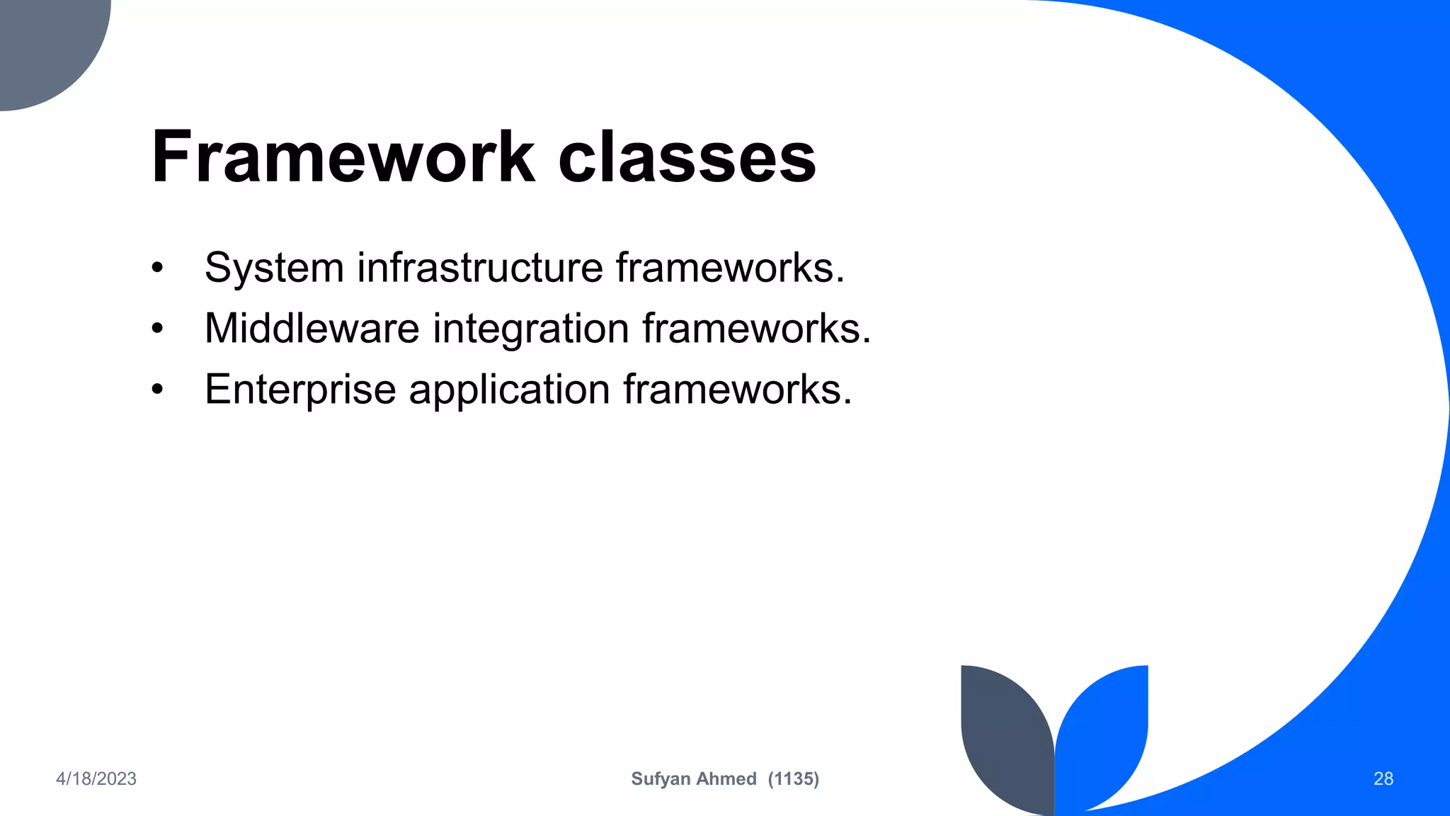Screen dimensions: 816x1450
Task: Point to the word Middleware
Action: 312,329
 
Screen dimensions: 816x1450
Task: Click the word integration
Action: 531,329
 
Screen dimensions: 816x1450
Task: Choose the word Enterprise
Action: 300,390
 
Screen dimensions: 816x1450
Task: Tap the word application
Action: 509,390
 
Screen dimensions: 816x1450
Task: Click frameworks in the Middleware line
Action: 756,329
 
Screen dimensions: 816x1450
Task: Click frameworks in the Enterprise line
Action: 737,390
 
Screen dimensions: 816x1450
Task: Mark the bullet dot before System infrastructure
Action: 157,268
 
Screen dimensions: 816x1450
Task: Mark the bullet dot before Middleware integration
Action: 157,329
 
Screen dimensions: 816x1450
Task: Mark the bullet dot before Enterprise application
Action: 157,390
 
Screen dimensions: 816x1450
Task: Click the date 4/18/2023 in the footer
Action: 96,779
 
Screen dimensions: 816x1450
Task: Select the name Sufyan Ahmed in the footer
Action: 694,779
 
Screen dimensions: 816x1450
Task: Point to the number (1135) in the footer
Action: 794,779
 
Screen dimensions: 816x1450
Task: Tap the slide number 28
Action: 1383,779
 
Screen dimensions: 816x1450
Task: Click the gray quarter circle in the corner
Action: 42,42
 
